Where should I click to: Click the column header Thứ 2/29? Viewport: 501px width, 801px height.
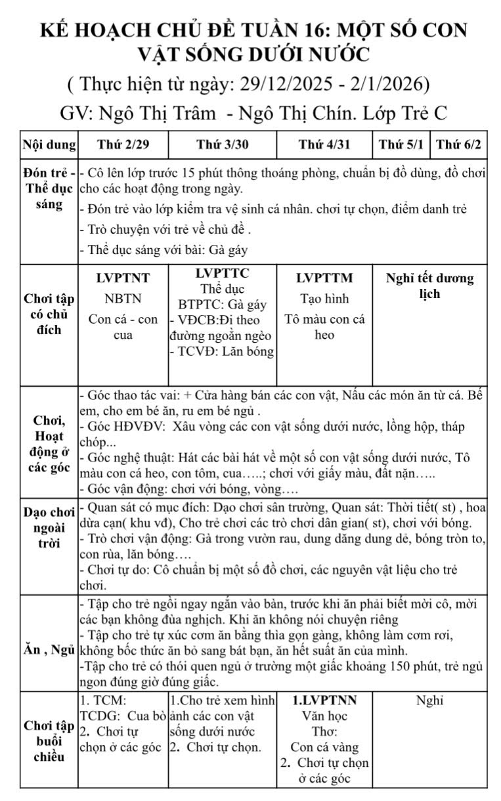pos(123,144)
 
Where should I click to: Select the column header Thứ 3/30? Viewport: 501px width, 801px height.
pos(222,144)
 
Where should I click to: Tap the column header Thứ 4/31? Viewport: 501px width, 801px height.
pos(324,144)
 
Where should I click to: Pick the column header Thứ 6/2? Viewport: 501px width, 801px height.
pos(458,144)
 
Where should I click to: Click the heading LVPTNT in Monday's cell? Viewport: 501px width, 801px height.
pos(123,278)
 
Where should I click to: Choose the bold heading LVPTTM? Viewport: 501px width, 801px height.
pos(324,278)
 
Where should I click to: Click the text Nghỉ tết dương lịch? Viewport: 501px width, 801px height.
pos(430,286)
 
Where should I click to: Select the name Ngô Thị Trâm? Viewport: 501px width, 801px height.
pos(157,113)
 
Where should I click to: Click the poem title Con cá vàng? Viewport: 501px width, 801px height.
pos(324,747)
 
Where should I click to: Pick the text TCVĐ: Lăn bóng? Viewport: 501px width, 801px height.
pos(222,351)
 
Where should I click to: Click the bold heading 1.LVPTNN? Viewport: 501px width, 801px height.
pos(324,701)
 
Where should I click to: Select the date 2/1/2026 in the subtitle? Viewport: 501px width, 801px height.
pos(388,85)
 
